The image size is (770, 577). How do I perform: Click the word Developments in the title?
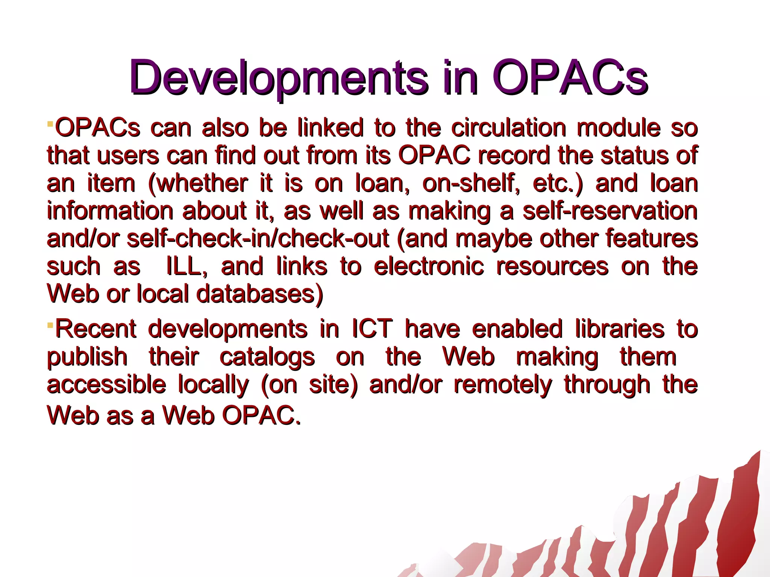[278, 78]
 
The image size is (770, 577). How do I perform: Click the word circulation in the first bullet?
[508, 128]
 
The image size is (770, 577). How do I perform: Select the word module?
[618, 128]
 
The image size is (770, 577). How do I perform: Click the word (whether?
[198, 183]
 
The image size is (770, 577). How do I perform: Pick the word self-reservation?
[610, 211]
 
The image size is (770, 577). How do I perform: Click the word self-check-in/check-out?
[258, 239]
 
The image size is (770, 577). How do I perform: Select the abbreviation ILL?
[187, 266]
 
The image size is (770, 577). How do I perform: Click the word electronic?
[429, 266]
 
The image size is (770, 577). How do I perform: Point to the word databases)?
[260, 294]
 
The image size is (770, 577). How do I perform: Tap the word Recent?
[95, 329]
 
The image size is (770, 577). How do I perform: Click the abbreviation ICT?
[372, 329]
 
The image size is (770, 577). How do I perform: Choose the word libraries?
[619, 329]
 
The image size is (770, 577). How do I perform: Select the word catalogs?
[267, 357]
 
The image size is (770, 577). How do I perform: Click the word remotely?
[503, 385]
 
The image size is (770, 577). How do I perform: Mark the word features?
[652, 239]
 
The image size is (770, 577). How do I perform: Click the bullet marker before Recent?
[50, 323]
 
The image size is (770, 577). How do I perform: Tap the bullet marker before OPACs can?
[50, 123]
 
